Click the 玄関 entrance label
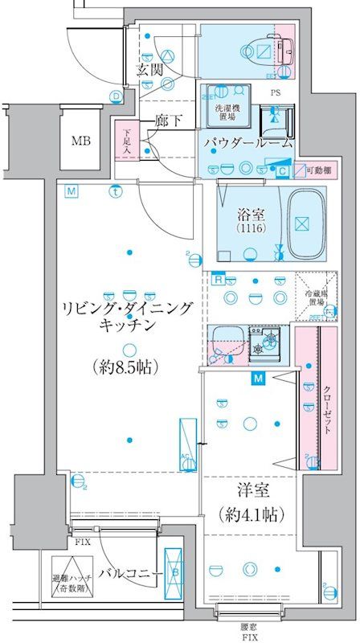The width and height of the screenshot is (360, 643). pyautogui.click(x=149, y=70)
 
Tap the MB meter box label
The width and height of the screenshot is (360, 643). pyautogui.click(x=80, y=141)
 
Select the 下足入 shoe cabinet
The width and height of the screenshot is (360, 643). pyautogui.click(x=126, y=139)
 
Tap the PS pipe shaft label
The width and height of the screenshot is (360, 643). pyautogui.click(x=276, y=92)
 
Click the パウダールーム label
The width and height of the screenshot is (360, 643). pyautogui.click(x=247, y=143)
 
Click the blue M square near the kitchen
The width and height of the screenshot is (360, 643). pyautogui.click(x=258, y=379)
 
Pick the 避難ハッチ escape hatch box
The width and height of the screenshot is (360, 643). pyautogui.click(x=72, y=577)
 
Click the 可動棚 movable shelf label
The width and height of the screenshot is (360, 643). pyautogui.click(x=324, y=170)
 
